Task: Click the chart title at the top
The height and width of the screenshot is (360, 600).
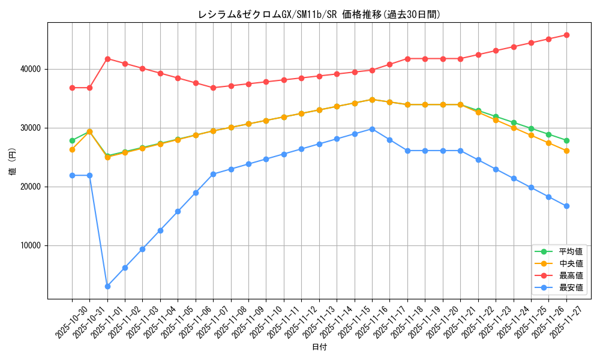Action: (319, 14)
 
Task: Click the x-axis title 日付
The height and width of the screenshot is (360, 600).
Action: (319, 347)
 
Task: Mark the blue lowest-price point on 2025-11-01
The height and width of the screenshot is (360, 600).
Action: (107, 286)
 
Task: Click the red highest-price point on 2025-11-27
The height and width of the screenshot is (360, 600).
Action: (566, 35)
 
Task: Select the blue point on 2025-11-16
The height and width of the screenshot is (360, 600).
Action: (372, 129)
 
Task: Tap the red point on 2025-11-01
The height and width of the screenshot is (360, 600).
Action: (107, 59)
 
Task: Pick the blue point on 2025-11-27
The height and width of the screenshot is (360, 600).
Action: (566, 206)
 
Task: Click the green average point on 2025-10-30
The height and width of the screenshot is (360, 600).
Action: (72, 140)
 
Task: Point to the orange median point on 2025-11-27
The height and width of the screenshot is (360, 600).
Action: (566, 151)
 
